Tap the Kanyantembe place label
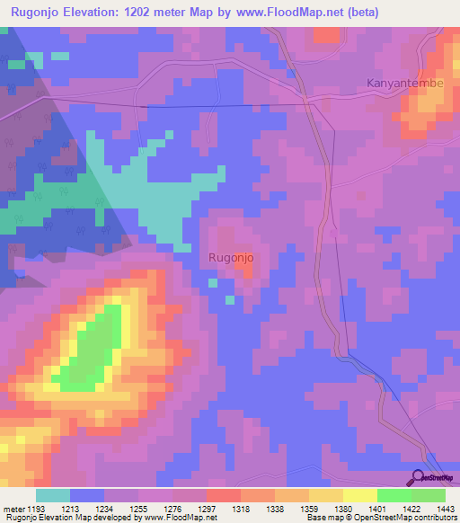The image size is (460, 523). coord(405,84)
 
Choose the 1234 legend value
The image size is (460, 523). coord(116,509)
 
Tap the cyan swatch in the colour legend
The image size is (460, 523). coord(53,495)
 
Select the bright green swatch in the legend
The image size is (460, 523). coord(394,495)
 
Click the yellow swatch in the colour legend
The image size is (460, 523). coord(360,495)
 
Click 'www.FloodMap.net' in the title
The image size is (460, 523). coord(279,13)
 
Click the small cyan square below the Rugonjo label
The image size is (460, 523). coord(213,282)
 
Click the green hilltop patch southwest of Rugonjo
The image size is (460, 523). coord(93,350)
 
